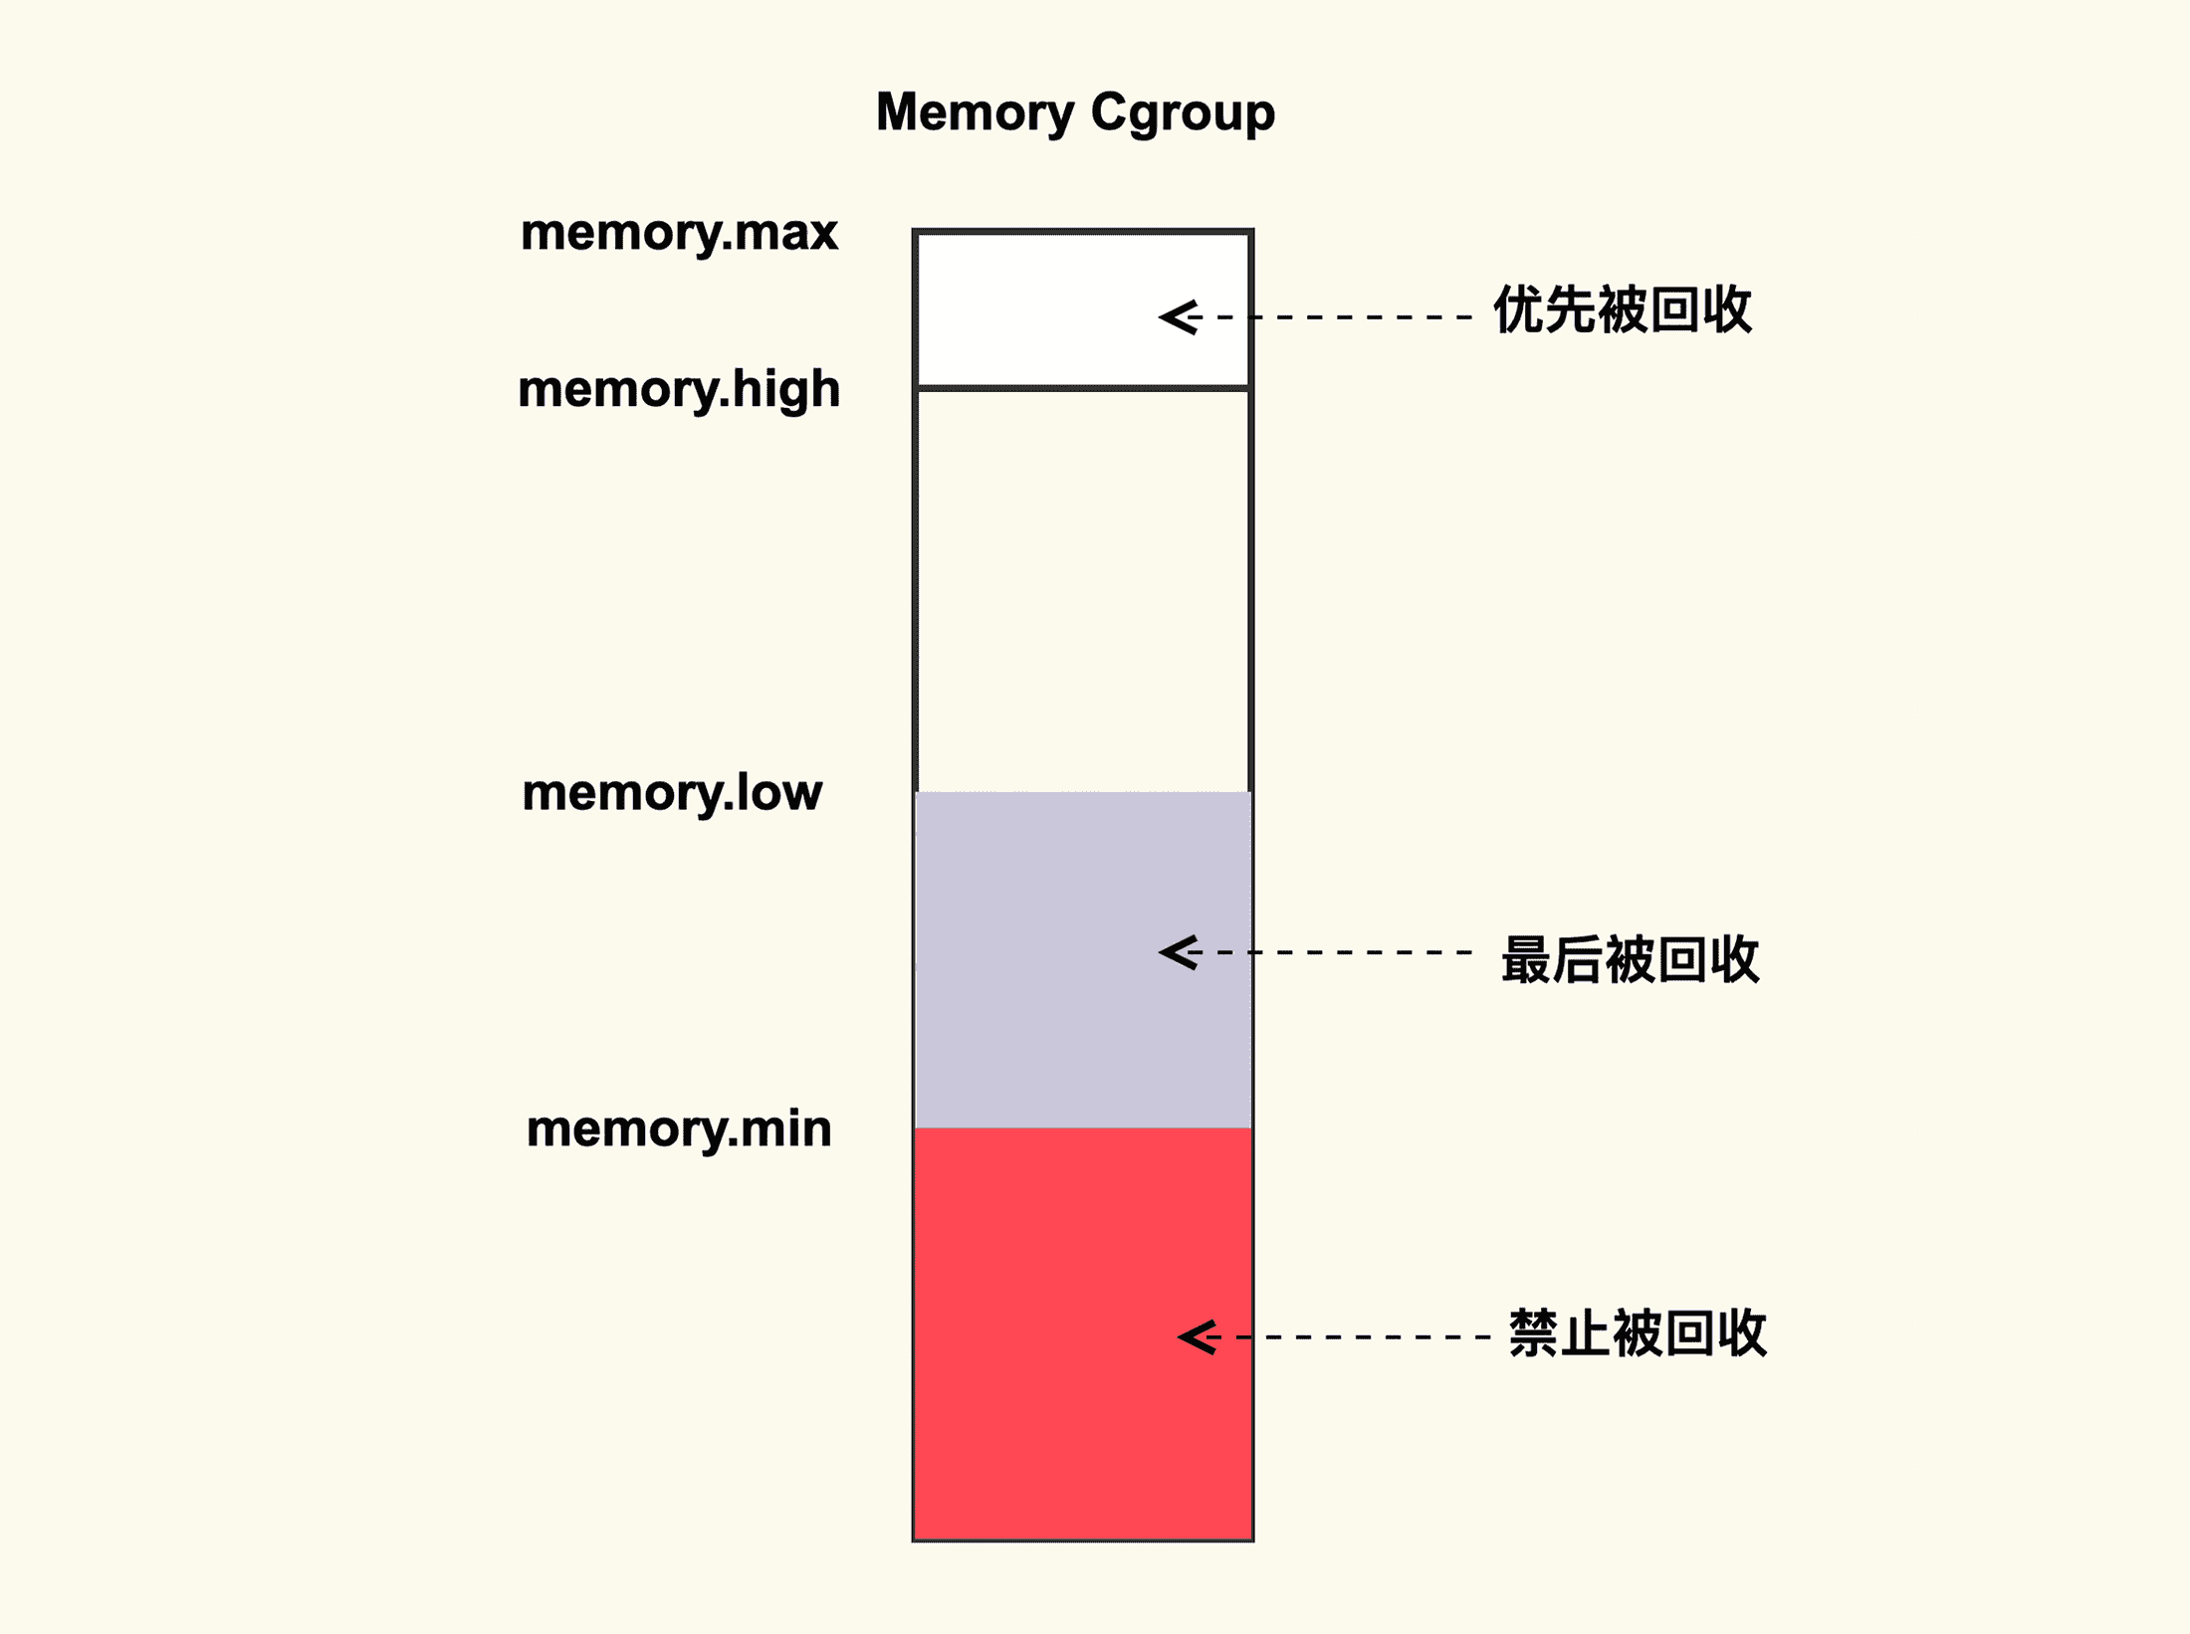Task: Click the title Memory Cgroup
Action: (x=1075, y=112)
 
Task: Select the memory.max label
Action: (x=679, y=233)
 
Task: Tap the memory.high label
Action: (x=679, y=389)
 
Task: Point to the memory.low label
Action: (x=672, y=793)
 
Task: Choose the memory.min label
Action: (x=679, y=1128)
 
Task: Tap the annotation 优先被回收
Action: (x=1623, y=310)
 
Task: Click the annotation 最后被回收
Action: (x=1631, y=960)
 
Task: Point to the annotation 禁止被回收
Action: (x=1638, y=1334)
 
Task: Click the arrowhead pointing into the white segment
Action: (x=1179, y=317)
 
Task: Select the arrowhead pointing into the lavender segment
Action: (x=1179, y=952)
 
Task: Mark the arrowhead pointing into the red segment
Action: (x=1198, y=1336)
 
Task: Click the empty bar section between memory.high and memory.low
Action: (x=1083, y=587)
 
